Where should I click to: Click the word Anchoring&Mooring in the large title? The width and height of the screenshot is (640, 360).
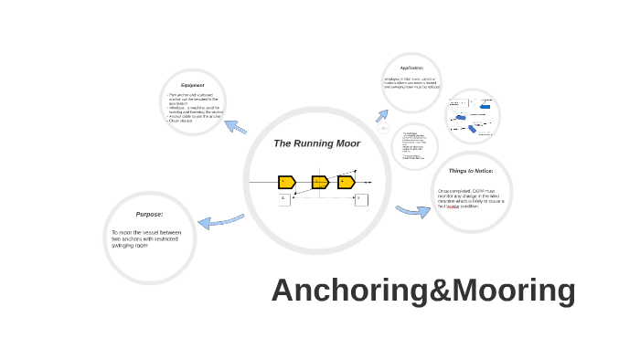[x=423, y=291]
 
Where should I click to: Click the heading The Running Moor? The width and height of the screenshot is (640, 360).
[x=316, y=143]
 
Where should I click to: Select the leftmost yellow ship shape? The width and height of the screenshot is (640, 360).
[x=286, y=182]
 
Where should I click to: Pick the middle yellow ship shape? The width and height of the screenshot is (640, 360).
[x=319, y=182]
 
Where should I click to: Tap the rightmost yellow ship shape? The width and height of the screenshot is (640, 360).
[x=346, y=182]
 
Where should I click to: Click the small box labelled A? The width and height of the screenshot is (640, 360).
[x=283, y=199]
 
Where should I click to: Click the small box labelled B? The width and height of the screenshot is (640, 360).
[x=360, y=199]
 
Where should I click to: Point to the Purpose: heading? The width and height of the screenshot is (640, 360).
[x=149, y=214]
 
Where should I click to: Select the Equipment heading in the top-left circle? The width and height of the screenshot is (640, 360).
[x=192, y=85]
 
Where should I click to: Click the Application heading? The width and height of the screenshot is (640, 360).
[x=411, y=68]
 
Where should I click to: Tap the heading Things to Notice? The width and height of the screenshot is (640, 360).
[x=471, y=171]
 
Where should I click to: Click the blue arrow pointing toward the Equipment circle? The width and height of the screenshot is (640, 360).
[x=236, y=127]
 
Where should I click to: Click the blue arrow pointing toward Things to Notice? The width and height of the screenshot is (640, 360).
[x=413, y=211]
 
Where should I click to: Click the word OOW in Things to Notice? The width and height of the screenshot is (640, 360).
[x=478, y=190]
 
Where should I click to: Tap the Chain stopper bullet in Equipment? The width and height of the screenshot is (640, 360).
[x=182, y=121]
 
